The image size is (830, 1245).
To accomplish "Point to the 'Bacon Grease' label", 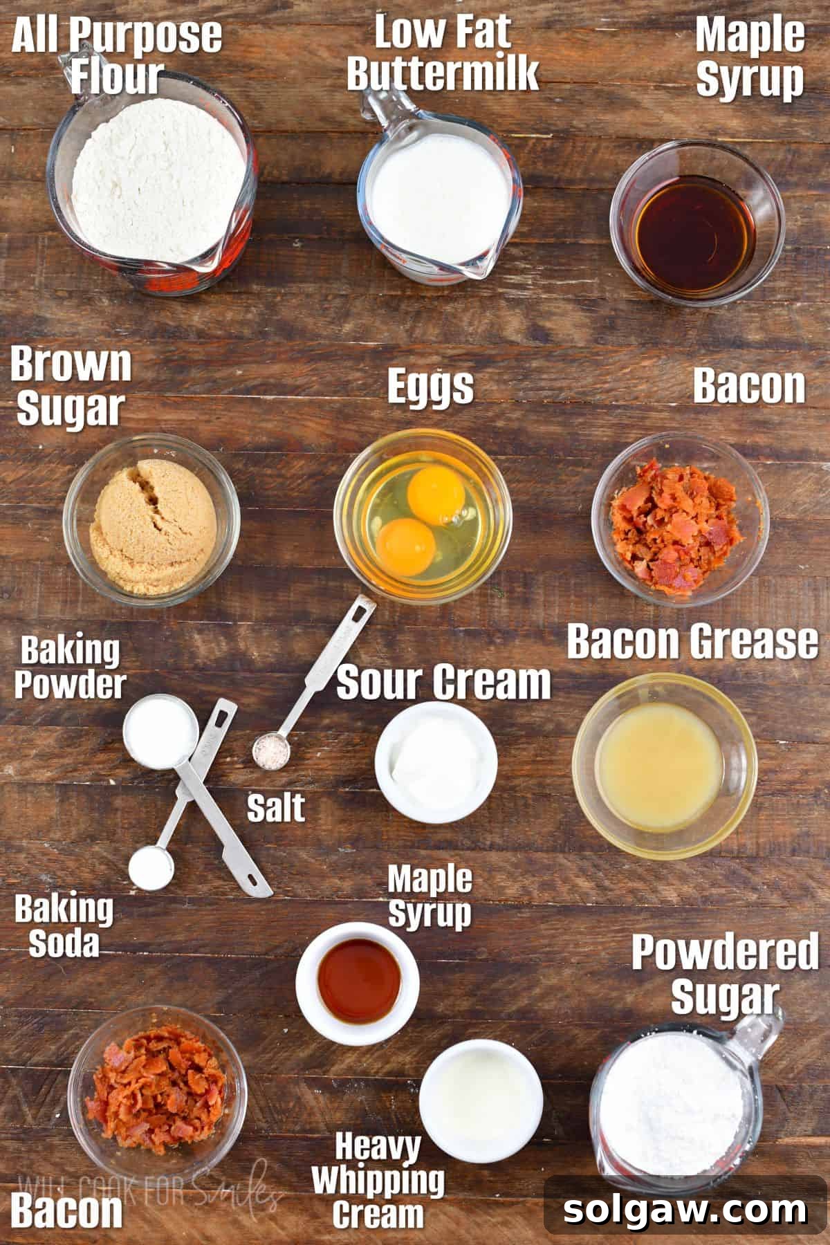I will tap(692, 641).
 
